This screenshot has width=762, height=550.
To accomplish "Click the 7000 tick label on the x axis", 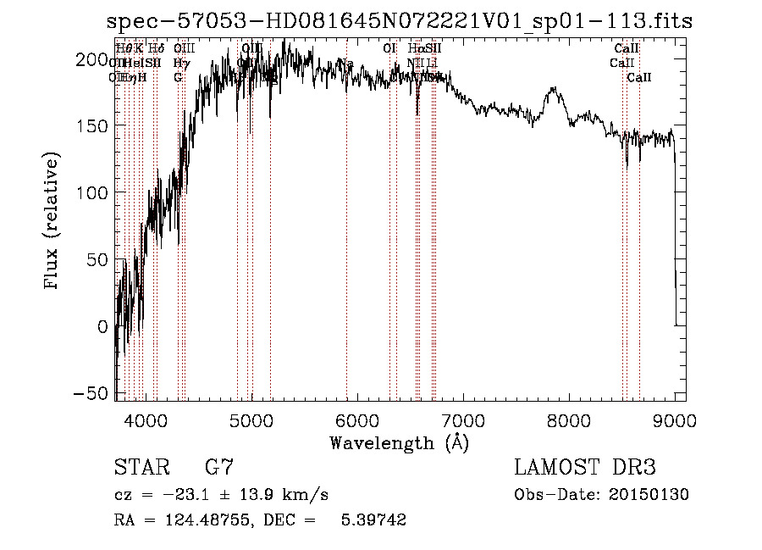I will tap(462, 419).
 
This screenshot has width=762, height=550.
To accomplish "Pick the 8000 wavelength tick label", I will tap(568, 419).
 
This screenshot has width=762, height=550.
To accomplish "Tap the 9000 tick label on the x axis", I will tap(674, 419).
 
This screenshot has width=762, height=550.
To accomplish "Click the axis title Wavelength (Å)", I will tap(399, 442).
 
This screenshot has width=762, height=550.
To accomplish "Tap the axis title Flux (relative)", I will tap(53, 223).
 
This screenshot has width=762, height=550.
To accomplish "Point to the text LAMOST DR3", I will tap(584, 467).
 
